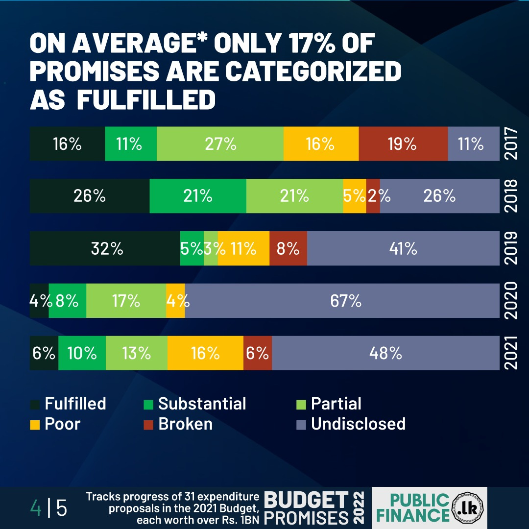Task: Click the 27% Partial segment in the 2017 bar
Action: click(x=220, y=144)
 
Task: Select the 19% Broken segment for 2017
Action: click(x=403, y=144)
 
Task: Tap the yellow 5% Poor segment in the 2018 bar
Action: click(x=354, y=196)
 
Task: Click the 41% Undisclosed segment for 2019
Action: click(x=403, y=249)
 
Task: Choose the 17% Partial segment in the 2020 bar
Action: click(x=126, y=301)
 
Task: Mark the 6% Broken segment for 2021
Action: click(x=258, y=353)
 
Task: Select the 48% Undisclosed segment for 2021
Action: click(x=385, y=353)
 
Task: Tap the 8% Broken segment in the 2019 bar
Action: click(x=288, y=249)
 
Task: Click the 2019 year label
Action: click(x=510, y=249)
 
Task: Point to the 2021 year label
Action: click(x=510, y=353)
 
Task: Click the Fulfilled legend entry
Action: click(x=75, y=404)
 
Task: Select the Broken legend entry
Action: click(x=185, y=424)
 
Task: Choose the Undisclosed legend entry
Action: click(x=358, y=424)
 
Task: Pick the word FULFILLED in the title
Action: click(x=146, y=99)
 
